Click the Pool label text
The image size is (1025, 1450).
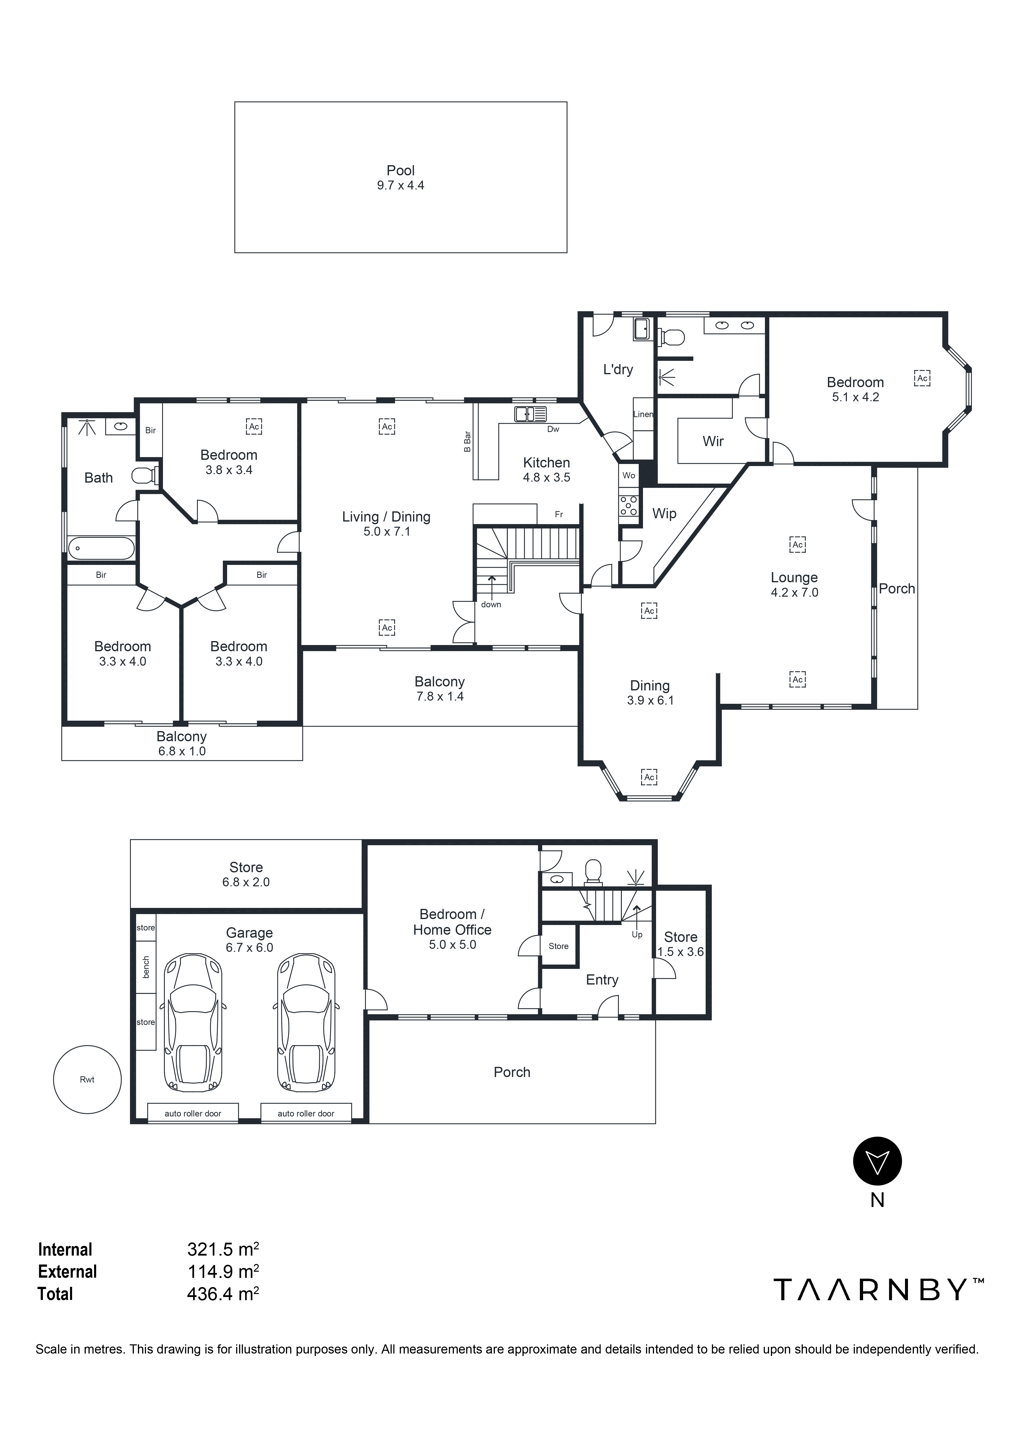400,171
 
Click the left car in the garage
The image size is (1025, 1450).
193,1023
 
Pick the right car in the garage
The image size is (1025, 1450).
306,1023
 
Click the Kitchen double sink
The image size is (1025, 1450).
531,414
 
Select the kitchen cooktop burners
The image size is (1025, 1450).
628,505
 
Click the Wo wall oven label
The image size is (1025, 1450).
628,476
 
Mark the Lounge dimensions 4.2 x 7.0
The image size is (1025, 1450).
794,592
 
